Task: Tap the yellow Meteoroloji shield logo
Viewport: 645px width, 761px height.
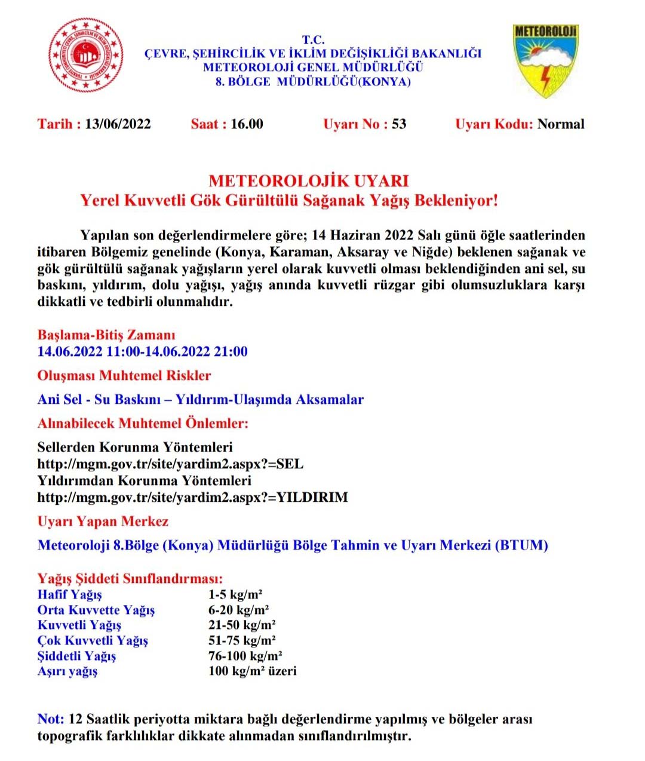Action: point(545,60)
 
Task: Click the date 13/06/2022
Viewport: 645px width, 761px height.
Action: point(118,124)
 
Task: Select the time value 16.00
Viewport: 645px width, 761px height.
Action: point(247,124)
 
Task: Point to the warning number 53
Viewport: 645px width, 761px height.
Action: point(399,124)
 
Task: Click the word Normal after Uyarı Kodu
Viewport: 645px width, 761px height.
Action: point(561,124)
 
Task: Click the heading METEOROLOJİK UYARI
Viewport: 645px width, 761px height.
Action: point(309,180)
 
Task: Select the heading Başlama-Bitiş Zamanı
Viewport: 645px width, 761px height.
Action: point(106,335)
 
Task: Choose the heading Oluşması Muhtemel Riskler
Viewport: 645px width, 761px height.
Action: point(124,375)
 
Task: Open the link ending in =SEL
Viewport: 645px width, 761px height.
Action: point(170,464)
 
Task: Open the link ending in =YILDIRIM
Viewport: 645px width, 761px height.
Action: point(192,497)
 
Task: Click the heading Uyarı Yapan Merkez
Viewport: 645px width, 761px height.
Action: point(103,521)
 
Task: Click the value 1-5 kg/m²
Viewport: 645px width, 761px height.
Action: point(235,594)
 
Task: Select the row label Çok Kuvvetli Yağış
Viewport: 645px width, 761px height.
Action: point(93,640)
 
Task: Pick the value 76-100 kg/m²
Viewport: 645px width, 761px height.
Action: point(245,656)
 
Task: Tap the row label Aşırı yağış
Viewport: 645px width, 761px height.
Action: point(67,671)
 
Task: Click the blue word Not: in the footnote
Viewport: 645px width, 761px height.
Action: point(51,719)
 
